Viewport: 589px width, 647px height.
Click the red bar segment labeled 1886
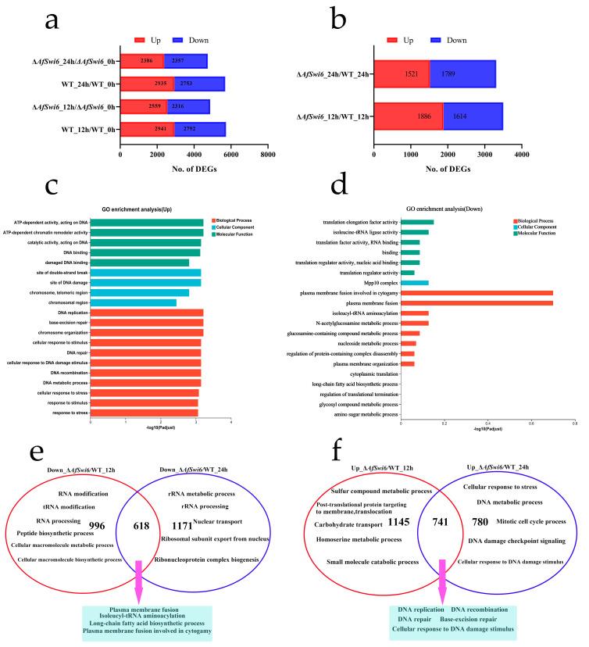point(409,118)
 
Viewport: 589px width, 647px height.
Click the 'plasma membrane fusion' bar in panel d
point(477,302)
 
